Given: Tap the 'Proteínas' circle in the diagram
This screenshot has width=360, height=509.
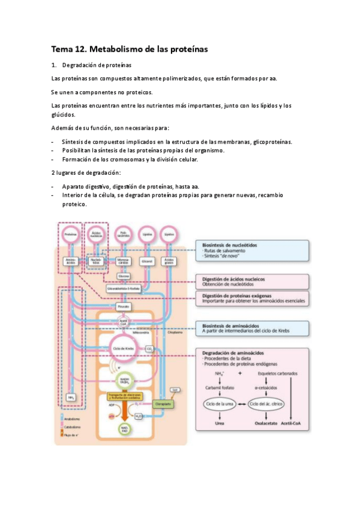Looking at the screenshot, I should point(70,234).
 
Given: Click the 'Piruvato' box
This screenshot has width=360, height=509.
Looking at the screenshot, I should point(124,306).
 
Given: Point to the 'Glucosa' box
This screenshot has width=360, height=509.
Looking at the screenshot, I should point(124,276).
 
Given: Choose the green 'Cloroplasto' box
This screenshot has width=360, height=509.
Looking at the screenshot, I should point(162,405).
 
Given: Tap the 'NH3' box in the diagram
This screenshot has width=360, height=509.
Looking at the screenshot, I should point(71,397).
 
